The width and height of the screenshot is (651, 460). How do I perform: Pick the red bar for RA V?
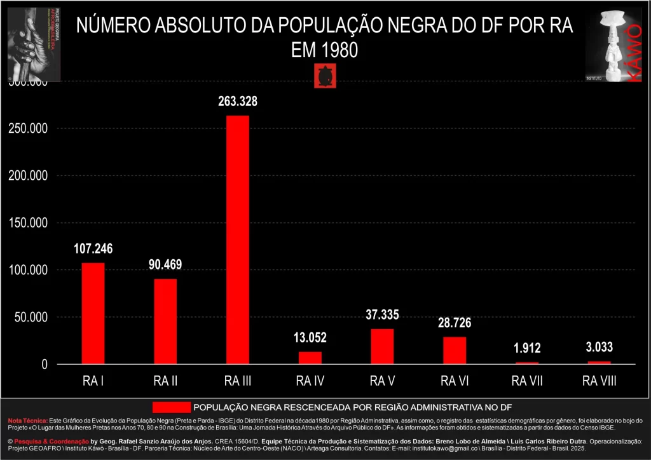[x=382, y=346]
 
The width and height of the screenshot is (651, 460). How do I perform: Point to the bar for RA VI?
[x=455, y=350]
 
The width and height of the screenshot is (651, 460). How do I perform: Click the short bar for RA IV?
[x=310, y=358]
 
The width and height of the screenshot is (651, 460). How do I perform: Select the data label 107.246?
[x=93, y=249]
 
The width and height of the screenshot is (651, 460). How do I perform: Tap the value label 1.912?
[x=527, y=348]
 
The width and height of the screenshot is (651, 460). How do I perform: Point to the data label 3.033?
[x=600, y=348]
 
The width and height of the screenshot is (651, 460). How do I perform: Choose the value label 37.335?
[x=382, y=315]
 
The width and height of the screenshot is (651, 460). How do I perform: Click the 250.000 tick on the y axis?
[x=29, y=128]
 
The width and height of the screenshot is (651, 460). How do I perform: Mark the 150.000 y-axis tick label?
[x=29, y=223]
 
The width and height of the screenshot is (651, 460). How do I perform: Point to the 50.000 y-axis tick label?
[x=31, y=317]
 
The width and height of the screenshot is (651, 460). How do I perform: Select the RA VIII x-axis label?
[x=600, y=381]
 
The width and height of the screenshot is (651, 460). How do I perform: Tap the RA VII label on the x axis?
[x=527, y=381]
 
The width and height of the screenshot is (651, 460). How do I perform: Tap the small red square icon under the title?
[x=324, y=76]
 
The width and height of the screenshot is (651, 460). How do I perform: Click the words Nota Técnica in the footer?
[x=27, y=421]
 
